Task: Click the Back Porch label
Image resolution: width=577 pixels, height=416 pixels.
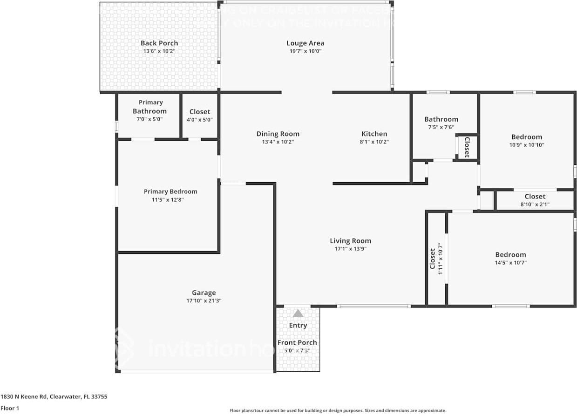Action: pyautogui.click(x=159, y=43)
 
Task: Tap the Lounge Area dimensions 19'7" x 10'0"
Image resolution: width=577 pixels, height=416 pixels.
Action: pyautogui.click(x=305, y=51)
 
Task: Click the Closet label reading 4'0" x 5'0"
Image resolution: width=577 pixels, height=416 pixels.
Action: pyautogui.click(x=199, y=120)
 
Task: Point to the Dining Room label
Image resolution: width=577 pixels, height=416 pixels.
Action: pyautogui.click(x=278, y=134)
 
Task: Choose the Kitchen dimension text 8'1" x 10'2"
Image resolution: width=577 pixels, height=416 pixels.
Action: pyautogui.click(x=374, y=142)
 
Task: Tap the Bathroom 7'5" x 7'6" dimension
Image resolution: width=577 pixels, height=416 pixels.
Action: pyautogui.click(x=441, y=127)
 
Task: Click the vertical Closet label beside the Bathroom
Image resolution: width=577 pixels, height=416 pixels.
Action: pyautogui.click(x=467, y=147)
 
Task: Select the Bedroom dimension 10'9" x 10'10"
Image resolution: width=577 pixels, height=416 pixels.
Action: pyautogui.click(x=527, y=145)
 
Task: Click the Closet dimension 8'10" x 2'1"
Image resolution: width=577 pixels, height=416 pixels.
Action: pyautogui.click(x=535, y=204)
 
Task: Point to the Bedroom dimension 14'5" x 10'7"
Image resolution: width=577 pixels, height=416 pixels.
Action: pyautogui.click(x=510, y=263)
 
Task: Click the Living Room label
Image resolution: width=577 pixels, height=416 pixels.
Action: pyautogui.click(x=350, y=241)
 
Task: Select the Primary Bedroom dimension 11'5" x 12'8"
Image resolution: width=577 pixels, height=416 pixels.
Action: pyautogui.click(x=170, y=199)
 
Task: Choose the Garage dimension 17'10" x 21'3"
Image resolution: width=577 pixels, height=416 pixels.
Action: pyautogui.click(x=204, y=301)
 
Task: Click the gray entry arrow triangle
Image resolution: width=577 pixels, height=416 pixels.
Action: pyautogui.click(x=298, y=314)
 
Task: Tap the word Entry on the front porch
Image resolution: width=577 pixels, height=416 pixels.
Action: pyautogui.click(x=298, y=325)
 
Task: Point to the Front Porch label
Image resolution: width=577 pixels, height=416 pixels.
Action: pyautogui.click(x=297, y=342)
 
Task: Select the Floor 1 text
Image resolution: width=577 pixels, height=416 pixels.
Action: pyautogui.click(x=10, y=408)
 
